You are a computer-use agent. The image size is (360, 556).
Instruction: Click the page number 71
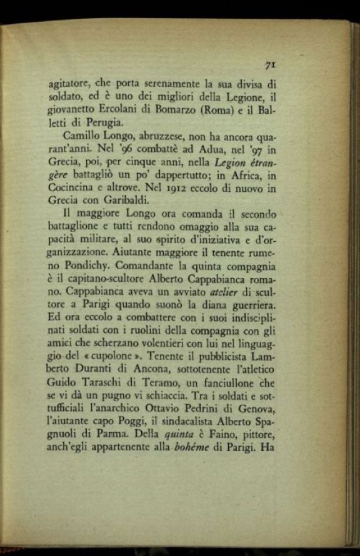click(271, 64)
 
